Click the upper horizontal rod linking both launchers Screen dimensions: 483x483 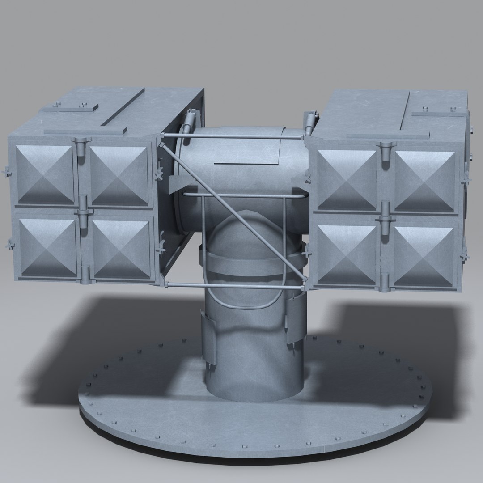click(233, 134)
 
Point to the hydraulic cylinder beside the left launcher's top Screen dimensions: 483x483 click(190, 121)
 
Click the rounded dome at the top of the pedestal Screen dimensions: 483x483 click(244, 233)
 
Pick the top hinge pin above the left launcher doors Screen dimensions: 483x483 click(80, 146)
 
